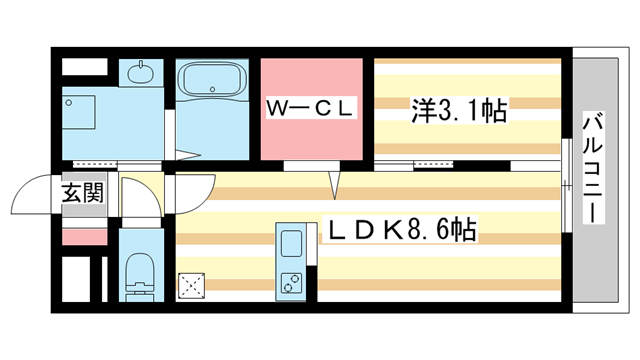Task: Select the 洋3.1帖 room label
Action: pos(459,110)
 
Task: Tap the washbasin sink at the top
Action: pos(141,73)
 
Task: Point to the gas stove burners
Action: pos(294,283)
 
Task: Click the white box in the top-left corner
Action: pos(84,68)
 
